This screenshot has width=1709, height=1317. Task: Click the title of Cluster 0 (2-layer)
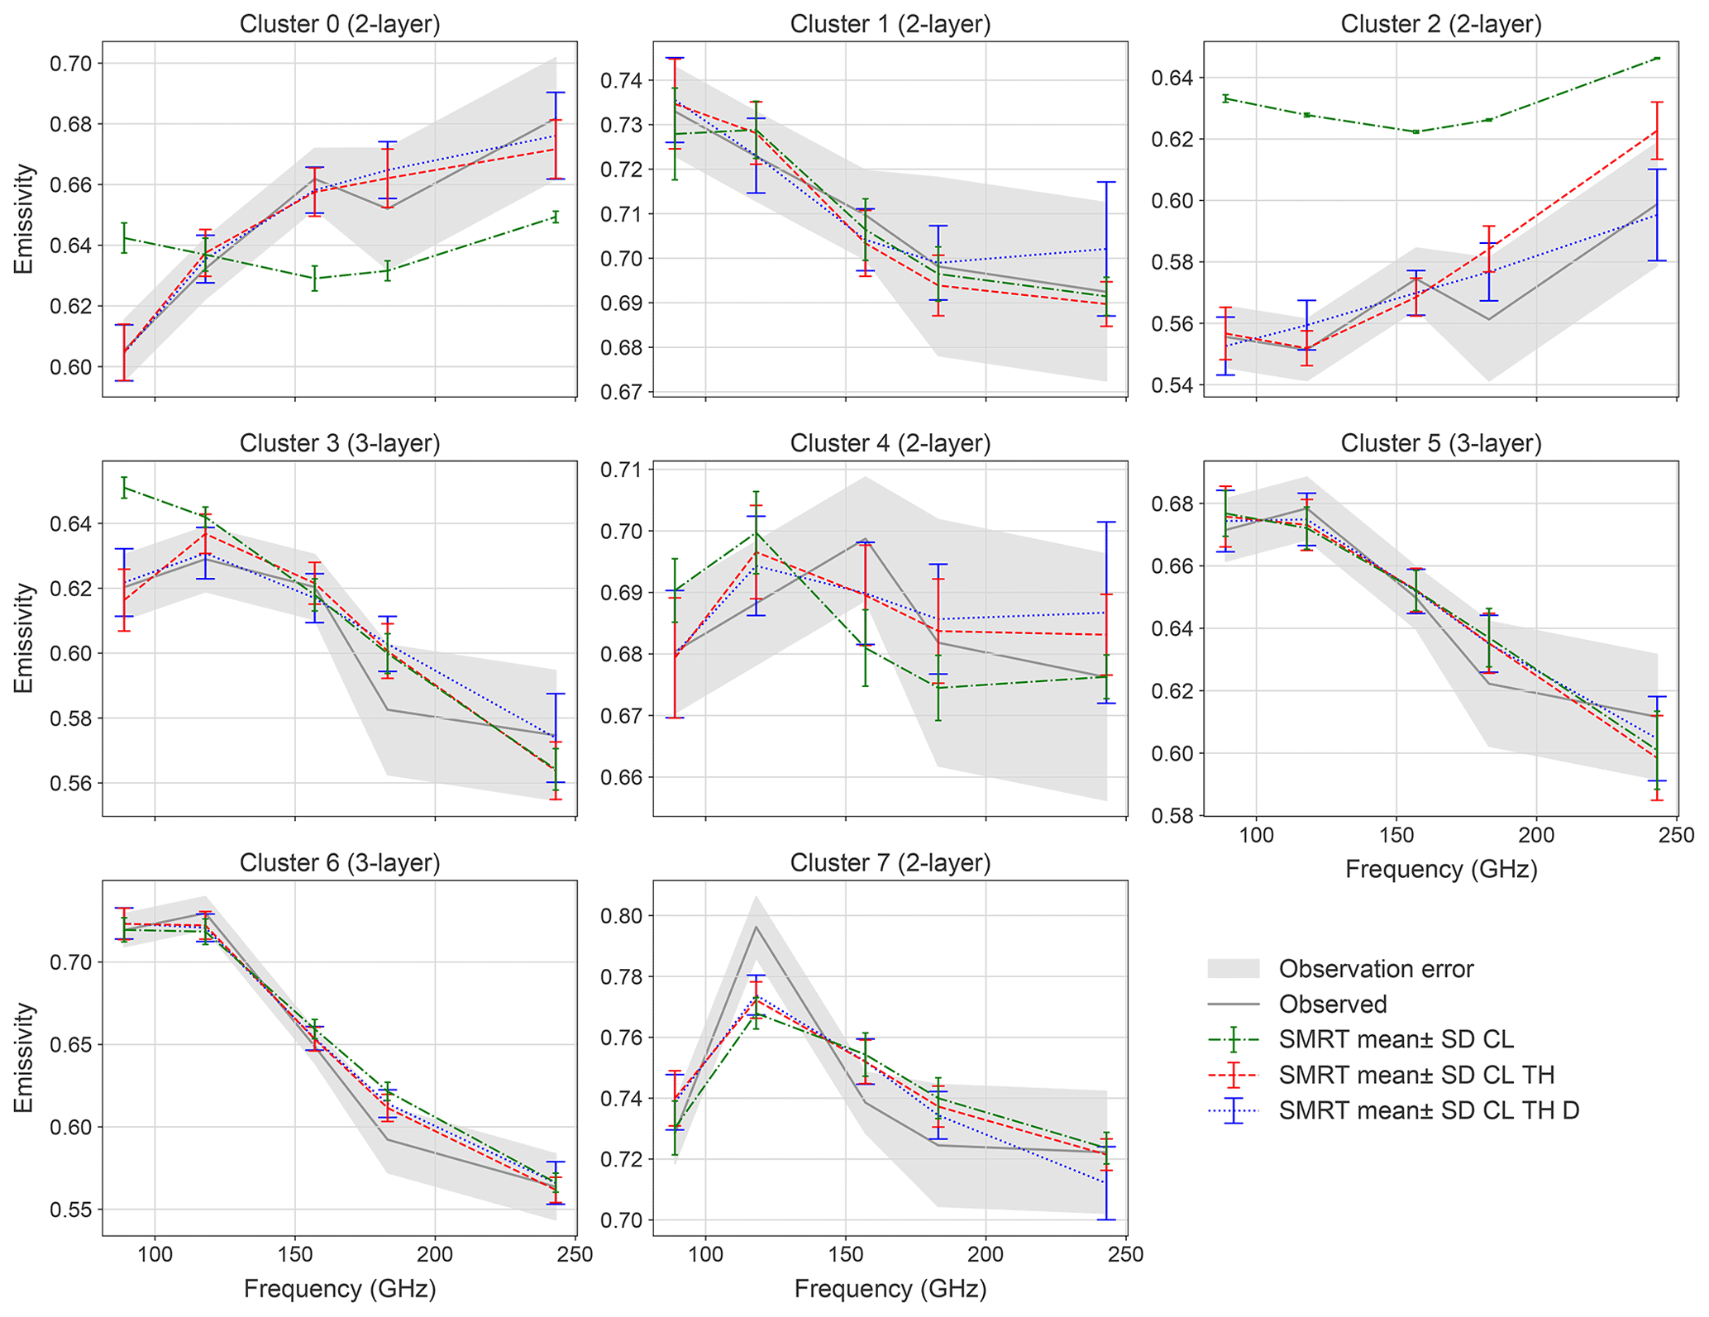point(340,24)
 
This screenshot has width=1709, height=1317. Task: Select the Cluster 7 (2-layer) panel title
point(890,863)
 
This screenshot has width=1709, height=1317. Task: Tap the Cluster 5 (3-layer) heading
point(1441,444)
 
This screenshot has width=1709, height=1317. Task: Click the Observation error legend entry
point(1376,969)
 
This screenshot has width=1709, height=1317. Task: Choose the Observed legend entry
point(1333,1004)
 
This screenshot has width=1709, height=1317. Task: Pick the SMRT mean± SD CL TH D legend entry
point(1429,1110)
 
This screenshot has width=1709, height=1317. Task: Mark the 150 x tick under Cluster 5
point(1396,837)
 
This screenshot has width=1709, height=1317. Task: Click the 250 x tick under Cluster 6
point(575,1255)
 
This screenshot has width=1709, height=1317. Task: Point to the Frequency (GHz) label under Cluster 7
point(890,1289)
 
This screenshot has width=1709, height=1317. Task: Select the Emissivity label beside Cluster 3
point(25,638)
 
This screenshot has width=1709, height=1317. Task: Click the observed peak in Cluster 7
point(756,927)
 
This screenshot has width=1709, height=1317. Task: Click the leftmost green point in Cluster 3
point(124,488)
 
